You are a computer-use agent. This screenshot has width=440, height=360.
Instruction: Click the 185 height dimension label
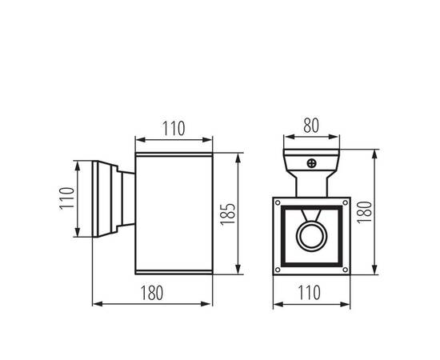click(227, 214)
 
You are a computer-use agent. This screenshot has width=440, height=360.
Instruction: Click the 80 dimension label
click(311, 126)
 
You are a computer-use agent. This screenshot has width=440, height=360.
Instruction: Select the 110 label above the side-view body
click(174, 128)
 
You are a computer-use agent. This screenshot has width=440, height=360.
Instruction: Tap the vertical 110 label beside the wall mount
click(67, 198)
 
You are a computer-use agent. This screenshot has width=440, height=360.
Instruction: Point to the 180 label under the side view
click(151, 293)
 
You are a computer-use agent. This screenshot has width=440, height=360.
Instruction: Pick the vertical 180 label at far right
click(365, 213)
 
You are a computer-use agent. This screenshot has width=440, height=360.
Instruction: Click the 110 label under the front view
click(309, 292)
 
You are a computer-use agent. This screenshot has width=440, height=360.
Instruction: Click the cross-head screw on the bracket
click(312, 163)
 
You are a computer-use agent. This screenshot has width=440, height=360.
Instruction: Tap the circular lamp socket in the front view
click(312, 236)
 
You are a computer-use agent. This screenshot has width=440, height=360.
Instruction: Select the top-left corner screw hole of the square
click(278, 202)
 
